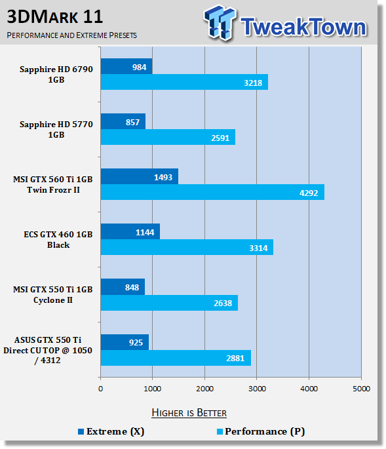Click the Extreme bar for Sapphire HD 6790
point(126,66)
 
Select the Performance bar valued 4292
point(212,192)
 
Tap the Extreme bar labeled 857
point(123,121)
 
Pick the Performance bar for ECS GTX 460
point(187,247)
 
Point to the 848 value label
point(132,287)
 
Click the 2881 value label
point(235,358)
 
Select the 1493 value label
point(163,177)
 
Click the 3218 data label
point(253,83)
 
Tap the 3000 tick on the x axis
point(257,389)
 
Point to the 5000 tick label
point(361,389)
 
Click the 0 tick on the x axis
point(100,389)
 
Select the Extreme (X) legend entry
point(111,431)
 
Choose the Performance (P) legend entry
point(261,431)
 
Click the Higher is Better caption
point(189,413)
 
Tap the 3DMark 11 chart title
point(54,17)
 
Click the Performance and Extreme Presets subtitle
point(72,35)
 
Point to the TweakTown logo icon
point(220,23)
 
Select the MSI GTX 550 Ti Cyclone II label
point(53,295)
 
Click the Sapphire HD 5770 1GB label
point(56,129)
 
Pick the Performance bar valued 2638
point(169,303)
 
